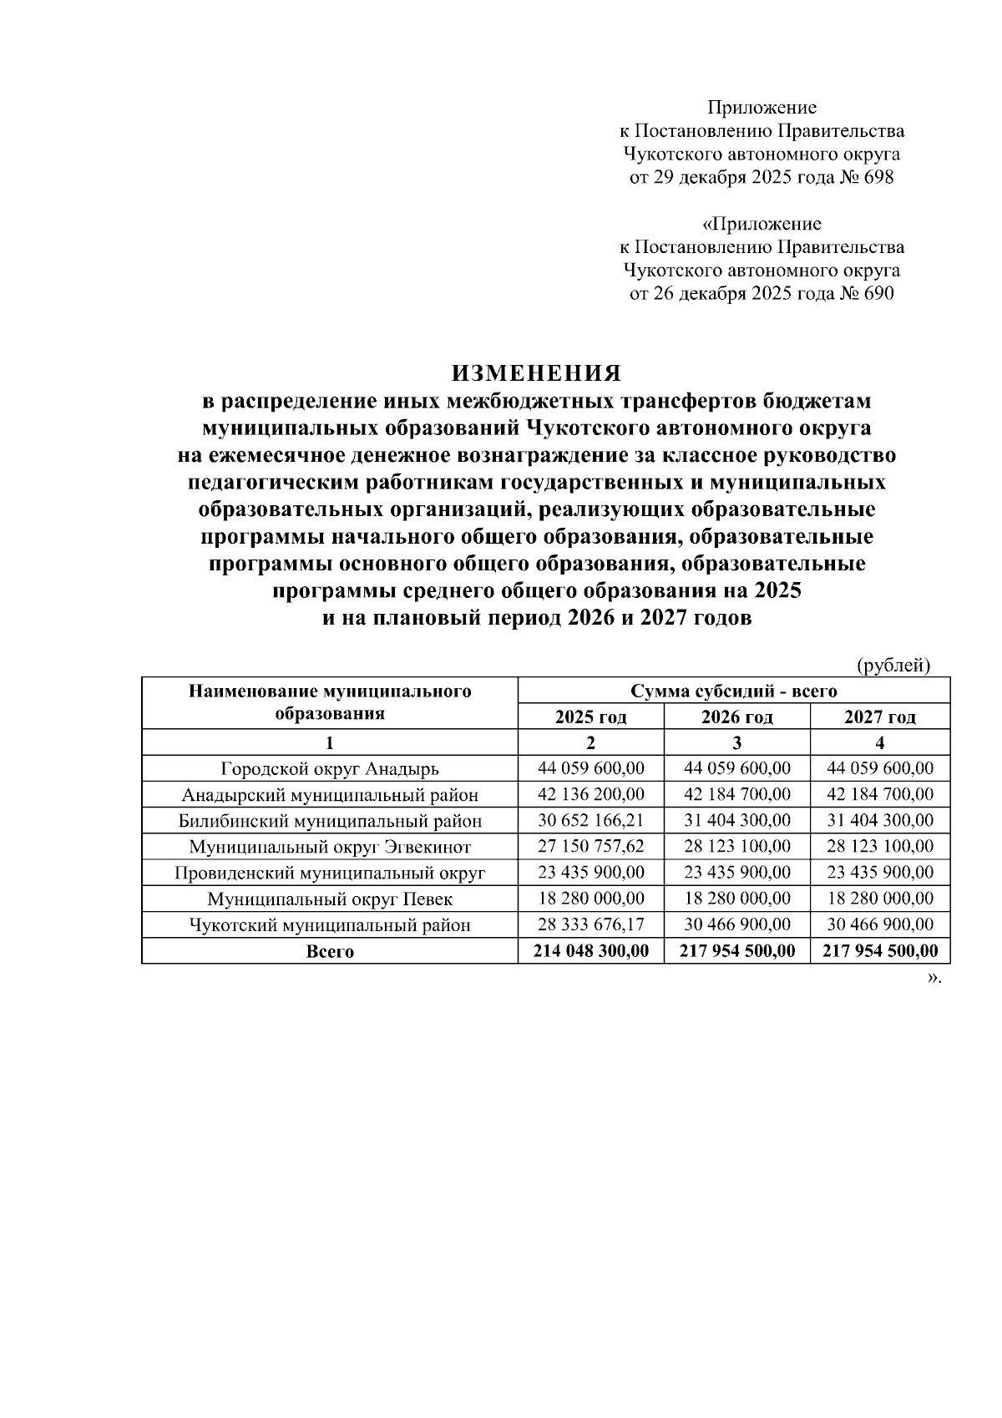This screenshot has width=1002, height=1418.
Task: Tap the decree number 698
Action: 877,178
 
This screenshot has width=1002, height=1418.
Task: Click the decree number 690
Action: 877,294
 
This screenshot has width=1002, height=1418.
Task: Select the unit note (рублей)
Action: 893,666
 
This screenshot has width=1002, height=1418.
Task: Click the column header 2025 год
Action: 590,717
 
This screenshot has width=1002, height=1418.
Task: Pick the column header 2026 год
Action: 736,717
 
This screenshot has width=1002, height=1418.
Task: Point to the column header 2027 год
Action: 880,717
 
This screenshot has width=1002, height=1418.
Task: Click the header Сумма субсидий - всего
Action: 734,691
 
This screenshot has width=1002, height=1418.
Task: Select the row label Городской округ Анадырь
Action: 330,768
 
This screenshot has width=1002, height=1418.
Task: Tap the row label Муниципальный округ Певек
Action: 330,899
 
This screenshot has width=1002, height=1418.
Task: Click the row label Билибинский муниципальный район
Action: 330,821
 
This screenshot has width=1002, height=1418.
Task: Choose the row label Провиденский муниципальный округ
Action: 330,874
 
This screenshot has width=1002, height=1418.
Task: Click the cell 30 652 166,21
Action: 590,821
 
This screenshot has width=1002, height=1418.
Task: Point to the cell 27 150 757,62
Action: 590,847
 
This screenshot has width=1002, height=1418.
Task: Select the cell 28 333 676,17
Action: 590,925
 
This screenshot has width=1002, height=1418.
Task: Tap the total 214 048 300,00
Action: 590,951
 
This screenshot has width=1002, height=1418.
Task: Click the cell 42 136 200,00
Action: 590,794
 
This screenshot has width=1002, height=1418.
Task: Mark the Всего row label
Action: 330,952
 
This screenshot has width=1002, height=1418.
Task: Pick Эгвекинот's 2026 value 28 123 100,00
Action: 736,847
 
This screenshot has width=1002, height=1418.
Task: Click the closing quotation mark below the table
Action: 933,978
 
